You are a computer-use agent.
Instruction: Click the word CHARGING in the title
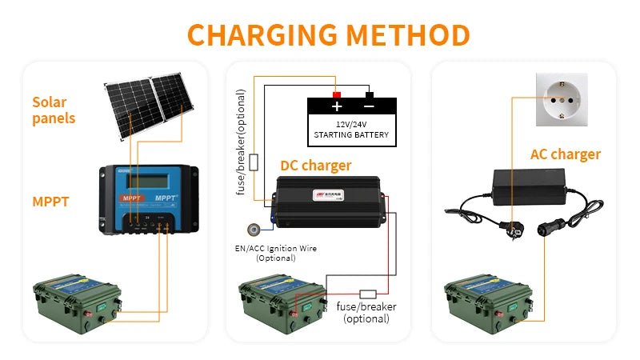(x=250, y=35)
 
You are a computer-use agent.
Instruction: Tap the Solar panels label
(x=54, y=110)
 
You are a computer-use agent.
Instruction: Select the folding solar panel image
(x=152, y=105)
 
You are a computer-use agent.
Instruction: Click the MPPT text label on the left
(x=50, y=202)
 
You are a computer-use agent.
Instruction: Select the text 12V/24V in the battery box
(x=352, y=124)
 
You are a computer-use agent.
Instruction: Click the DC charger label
(x=315, y=166)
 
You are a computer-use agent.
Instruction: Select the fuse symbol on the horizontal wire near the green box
(x=369, y=293)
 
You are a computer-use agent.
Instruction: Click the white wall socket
(x=561, y=99)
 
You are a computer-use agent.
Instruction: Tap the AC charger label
(x=565, y=154)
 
